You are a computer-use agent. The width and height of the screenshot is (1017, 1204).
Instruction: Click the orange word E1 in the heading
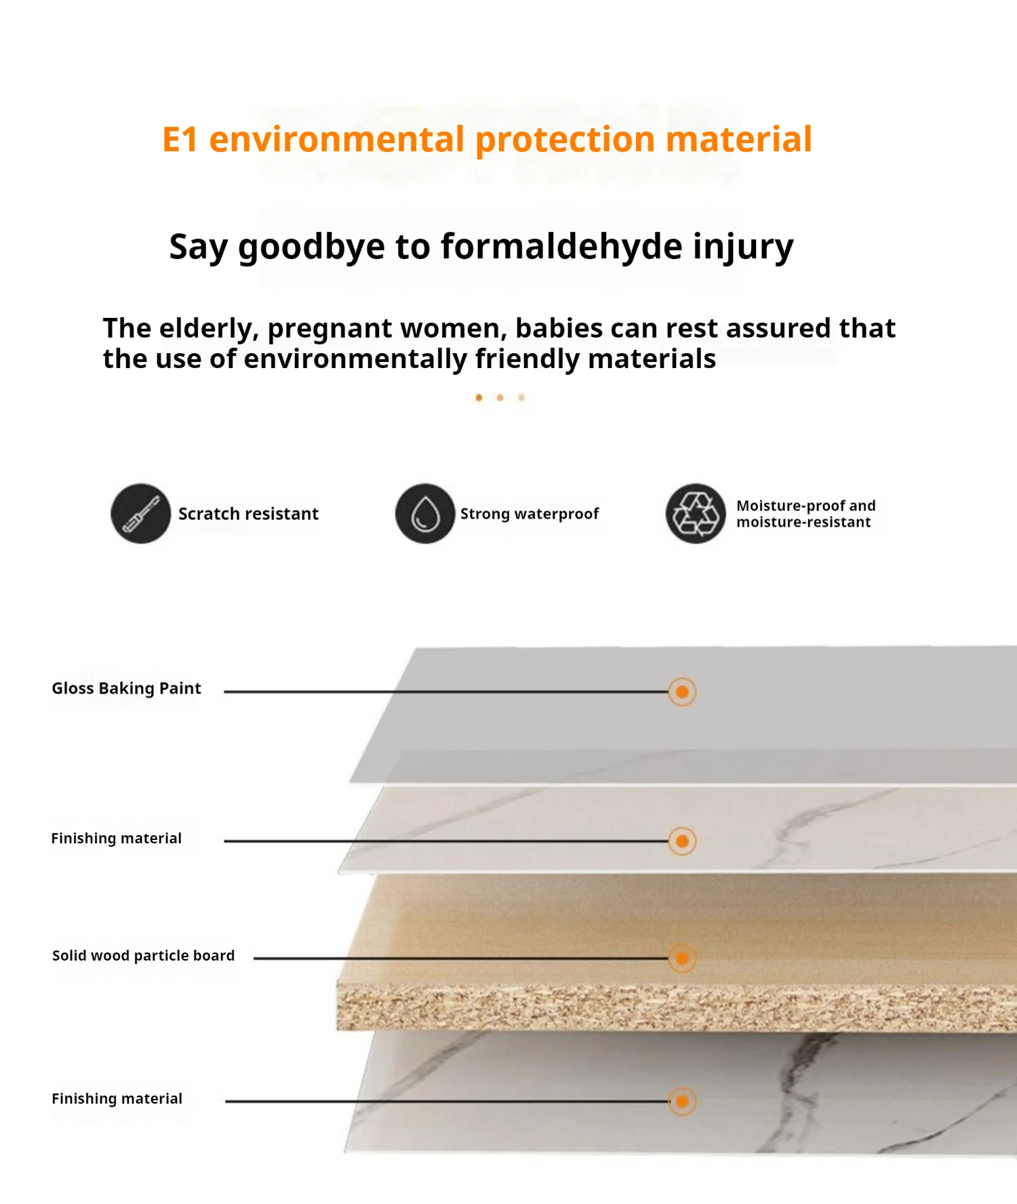pos(180,140)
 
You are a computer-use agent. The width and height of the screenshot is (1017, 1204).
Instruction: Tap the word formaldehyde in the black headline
pos(561,246)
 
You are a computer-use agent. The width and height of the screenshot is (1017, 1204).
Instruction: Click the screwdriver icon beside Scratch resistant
pos(140,513)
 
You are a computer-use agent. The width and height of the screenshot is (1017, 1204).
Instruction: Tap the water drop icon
pos(425,513)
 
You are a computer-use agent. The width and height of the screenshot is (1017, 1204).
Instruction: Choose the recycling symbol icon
pos(696,513)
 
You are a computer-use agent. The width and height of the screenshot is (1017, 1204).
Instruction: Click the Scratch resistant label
pos(248,514)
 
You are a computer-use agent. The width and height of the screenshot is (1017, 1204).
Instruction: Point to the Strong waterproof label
pos(530,514)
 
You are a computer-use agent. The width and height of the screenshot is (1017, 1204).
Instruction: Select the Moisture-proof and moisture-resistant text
pos(805,514)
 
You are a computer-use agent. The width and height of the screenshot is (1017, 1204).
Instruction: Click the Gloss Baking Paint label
pos(127,689)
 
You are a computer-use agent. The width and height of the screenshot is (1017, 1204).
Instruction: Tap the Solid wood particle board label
pos(144,956)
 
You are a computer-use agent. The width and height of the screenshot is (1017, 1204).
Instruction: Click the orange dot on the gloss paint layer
pos(682,691)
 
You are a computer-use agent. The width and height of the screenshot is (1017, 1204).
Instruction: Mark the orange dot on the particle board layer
pos(682,958)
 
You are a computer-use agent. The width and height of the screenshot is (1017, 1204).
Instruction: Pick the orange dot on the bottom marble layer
pos(682,1101)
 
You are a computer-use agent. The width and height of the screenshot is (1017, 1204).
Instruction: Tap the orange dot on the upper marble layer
pos(682,841)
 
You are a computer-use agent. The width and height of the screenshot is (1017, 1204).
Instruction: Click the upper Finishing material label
pos(117,839)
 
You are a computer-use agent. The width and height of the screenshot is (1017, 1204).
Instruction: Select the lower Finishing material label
pos(117,1099)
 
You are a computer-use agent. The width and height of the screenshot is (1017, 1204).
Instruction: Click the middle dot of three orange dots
pos(500,397)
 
